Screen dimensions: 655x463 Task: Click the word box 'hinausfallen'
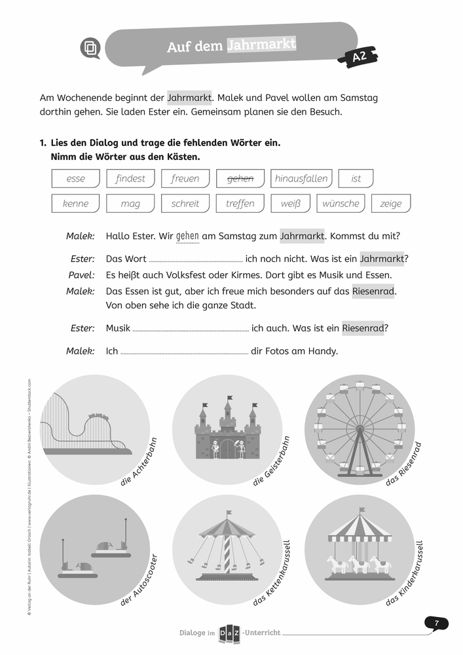pos(301,178)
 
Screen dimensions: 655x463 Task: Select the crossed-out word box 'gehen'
pos(240,178)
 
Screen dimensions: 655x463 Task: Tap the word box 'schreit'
pos(185,204)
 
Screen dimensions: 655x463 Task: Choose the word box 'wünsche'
pos(341,204)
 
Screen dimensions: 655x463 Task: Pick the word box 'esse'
pos(76,178)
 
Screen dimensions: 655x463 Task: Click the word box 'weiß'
pos(290,204)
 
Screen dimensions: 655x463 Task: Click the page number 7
pos(437,623)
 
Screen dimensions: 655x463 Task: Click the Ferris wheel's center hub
pos(359,429)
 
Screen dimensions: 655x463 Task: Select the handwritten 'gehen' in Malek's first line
pos(188,236)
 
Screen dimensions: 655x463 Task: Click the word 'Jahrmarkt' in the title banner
pos(261,45)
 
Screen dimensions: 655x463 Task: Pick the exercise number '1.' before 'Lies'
pos(43,142)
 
